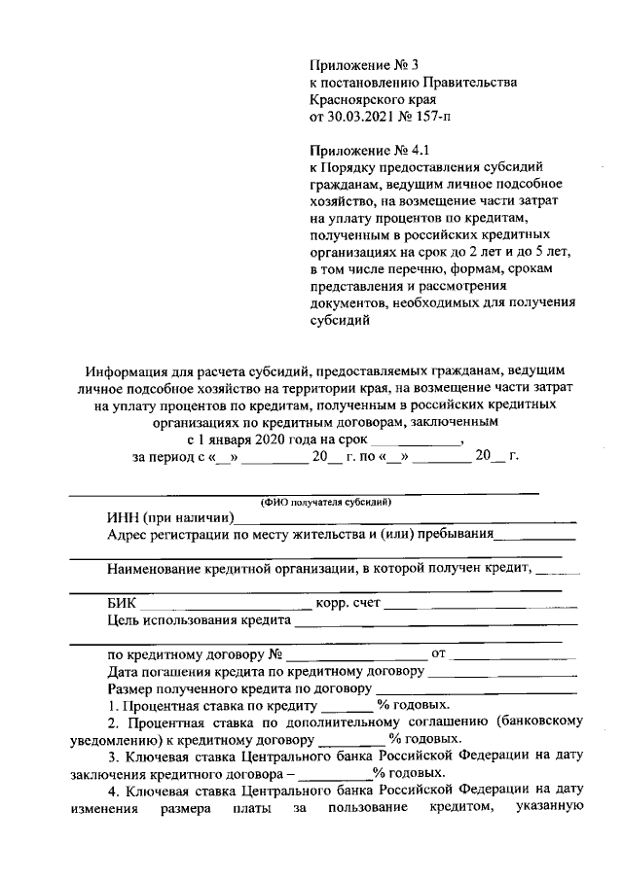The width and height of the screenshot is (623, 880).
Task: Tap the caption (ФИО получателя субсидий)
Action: (x=324, y=503)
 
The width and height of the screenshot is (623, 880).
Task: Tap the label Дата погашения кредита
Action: (x=187, y=671)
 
